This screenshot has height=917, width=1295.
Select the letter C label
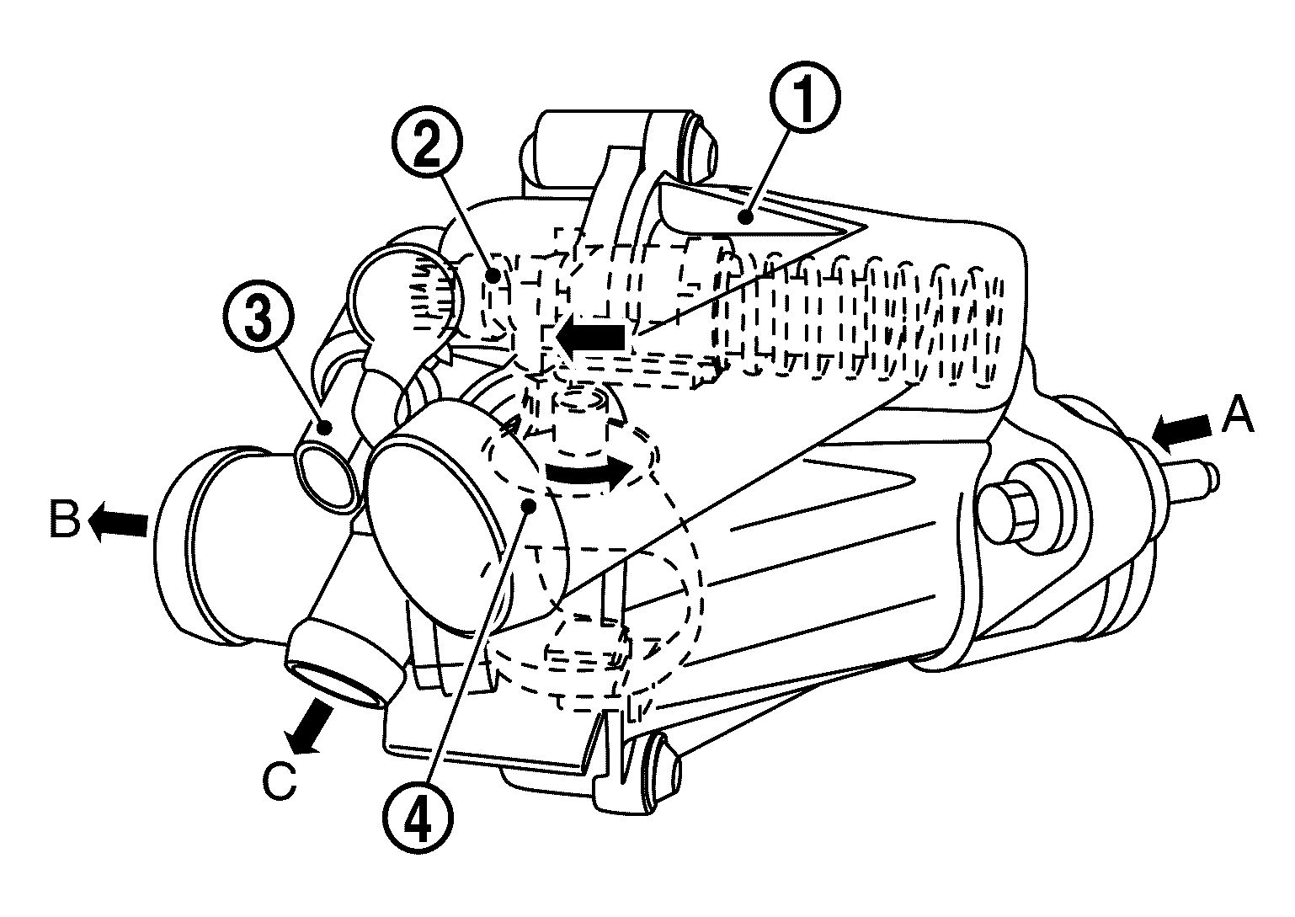(279, 781)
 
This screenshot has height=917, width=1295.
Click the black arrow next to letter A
(1184, 430)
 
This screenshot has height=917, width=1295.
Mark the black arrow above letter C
(309, 722)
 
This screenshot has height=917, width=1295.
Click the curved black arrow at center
(588, 473)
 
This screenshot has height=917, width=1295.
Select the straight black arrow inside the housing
(591, 338)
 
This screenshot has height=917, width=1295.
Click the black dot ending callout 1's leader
(745, 219)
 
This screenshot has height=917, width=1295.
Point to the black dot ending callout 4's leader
(529, 504)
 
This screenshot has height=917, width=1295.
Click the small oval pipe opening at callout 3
(326, 476)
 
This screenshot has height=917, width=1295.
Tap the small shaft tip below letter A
(1206, 477)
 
